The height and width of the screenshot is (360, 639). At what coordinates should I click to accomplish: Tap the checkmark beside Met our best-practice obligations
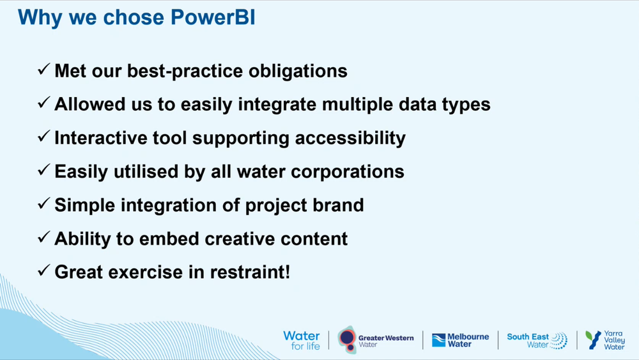tap(44, 70)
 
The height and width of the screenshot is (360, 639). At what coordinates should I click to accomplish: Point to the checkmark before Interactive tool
tap(44, 137)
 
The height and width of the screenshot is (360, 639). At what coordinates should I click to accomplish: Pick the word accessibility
tap(345, 137)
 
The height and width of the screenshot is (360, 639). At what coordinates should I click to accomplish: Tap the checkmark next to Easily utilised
tap(44, 171)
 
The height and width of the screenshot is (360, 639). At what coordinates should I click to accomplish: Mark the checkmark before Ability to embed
tap(44, 238)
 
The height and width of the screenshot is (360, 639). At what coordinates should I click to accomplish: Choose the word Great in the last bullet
tap(79, 272)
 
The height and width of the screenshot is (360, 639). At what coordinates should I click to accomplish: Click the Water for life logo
tap(301, 340)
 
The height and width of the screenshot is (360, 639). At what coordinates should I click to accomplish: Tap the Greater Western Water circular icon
tap(347, 338)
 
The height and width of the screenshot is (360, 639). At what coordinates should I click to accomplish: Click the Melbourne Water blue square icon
tap(438, 340)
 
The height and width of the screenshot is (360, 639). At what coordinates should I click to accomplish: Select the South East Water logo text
tap(528, 340)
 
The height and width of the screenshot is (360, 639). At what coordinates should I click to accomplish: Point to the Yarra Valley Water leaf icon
tap(593, 340)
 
